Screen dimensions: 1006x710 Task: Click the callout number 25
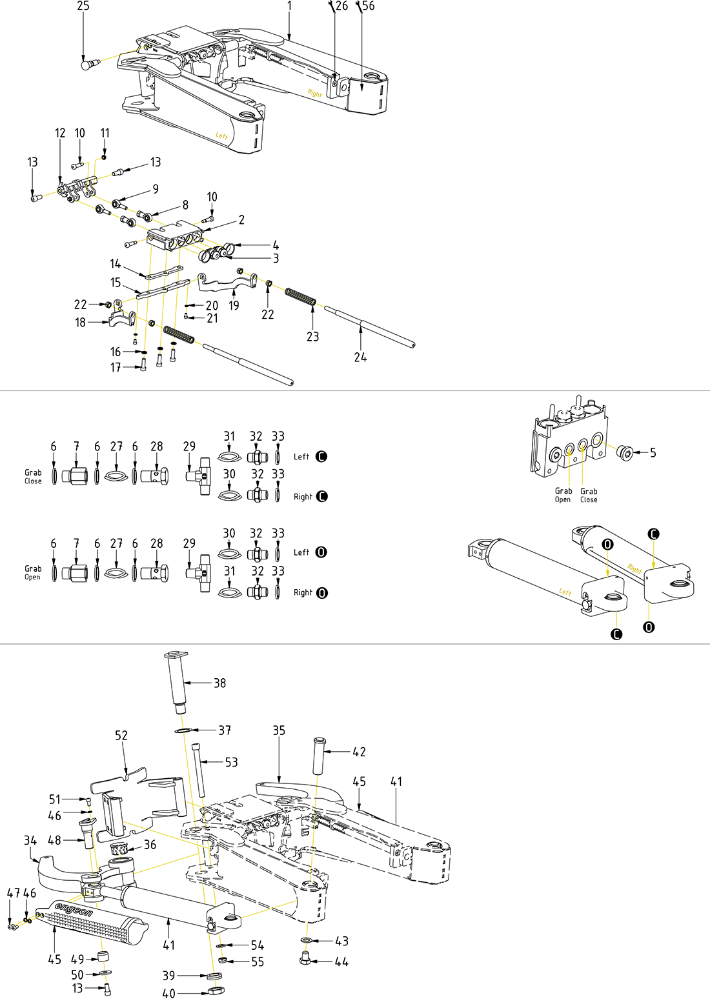[x=83, y=6]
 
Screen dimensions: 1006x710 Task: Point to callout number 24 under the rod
[x=360, y=357]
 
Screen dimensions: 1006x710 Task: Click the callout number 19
[x=234, y=305]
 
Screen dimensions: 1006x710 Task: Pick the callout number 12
[x=60, y=134]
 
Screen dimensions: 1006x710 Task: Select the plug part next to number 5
[x=624, y=453]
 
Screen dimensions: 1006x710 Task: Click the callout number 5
[x=653, y=453]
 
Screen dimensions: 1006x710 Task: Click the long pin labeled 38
[x=177, y=681]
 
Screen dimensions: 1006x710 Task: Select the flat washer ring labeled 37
[x=184, y=730]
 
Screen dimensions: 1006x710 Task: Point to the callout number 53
[x=231, y=762]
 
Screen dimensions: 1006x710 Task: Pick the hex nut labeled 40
[x=216, y=991]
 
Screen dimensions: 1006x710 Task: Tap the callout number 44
[x=341, y=962]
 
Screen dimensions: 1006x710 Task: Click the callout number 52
[x=121, y=736]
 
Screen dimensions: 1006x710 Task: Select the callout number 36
[x=150, y=845]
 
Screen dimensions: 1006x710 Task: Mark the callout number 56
[x=368, y=6]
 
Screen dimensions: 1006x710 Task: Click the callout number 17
[x=116, y=367]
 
